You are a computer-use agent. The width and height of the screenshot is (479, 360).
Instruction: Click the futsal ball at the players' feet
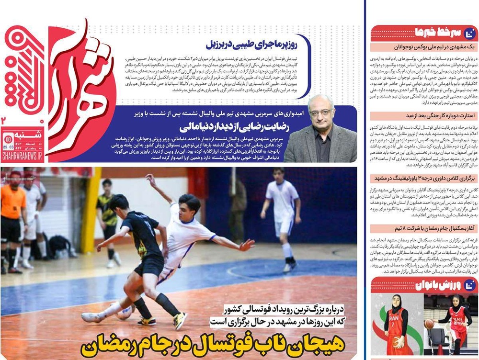tap(124, 312)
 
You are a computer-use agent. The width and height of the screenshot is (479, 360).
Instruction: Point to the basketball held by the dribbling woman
tap(430, 324)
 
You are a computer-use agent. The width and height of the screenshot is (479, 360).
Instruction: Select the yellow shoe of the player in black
tap(180, 321)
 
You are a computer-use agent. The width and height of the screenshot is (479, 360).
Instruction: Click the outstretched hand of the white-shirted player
tap(246, 246)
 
